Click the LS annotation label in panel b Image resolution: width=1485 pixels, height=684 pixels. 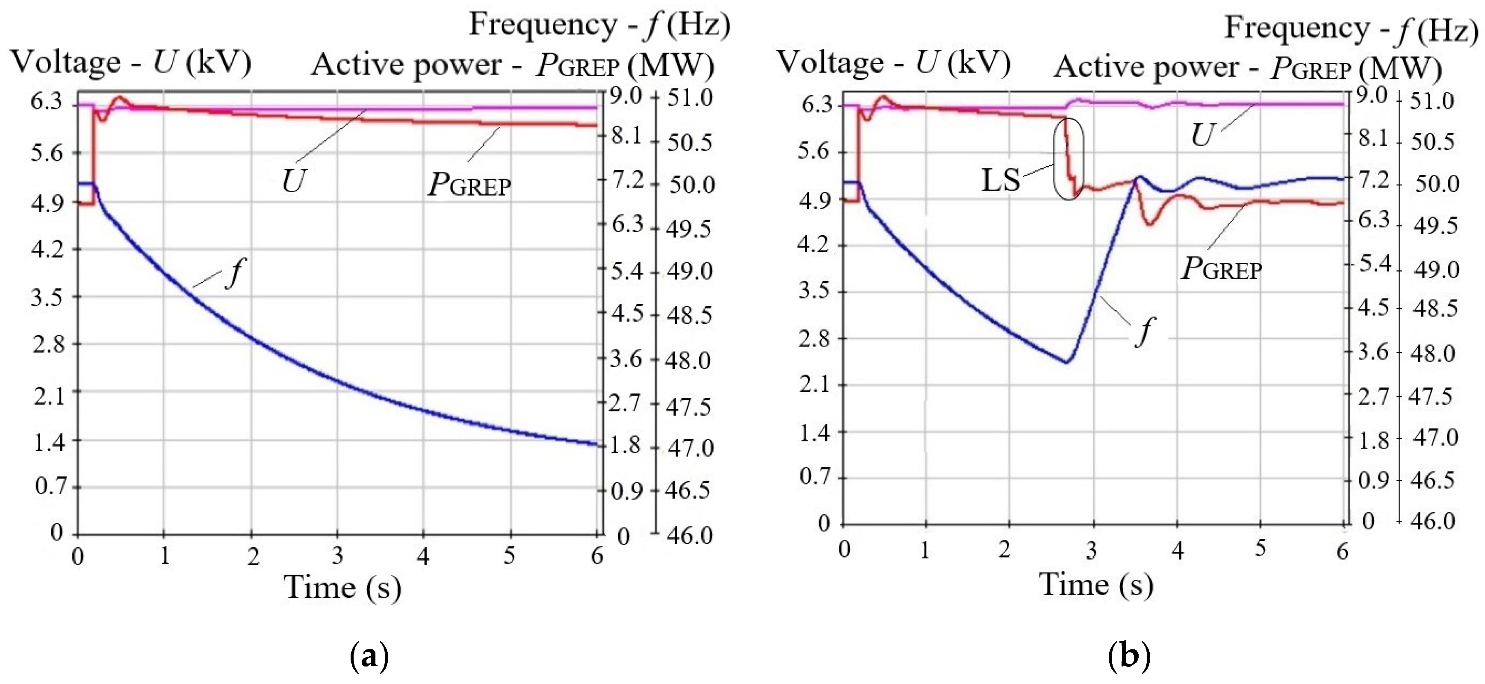tap(1000, 180)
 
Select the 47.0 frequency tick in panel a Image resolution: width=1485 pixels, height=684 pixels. tap(690, 448)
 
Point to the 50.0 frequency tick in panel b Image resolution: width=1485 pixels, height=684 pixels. tap(1437, 184)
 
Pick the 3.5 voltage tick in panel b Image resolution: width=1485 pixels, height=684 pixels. tap(813, 291)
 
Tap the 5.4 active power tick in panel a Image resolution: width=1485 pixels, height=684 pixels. tap(627, 270)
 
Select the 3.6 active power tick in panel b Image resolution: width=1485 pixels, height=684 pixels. tap(1373, 352)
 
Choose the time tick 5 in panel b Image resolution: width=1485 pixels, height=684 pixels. tap(1261, 549)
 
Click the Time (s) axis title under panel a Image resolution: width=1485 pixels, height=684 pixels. tap(342, 588)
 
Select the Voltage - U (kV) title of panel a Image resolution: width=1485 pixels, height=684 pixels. tap(131, 62)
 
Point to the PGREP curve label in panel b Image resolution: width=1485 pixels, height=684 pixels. tap(1221, 269)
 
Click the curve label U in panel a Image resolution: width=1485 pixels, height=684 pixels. tap(293, 181)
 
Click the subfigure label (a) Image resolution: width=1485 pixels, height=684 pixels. tap(369, 656)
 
